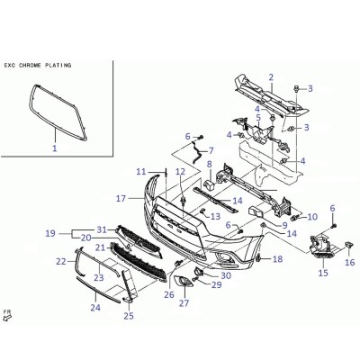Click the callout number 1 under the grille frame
[x=55, y=148]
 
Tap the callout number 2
[x=271, y=77]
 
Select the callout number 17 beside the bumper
[x=121, y=198]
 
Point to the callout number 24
[x=95, y=308]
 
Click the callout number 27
[x=184, y=303]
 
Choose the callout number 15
[x=323, y=273]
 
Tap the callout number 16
[x=350, y=263]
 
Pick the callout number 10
[x=312, y=217]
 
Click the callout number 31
[x=102, y=229]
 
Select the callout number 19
[x=50, y=233]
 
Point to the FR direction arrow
[x=7, y=316]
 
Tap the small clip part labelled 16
[x=348, y=245]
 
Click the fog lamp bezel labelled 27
[x=184, y=282]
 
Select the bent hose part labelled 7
[x=196, y=153]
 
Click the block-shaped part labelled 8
[x=211, y=184]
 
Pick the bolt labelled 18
[x=258, y=258]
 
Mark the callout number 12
[x=180, y=172]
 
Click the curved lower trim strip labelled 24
[x=98, y=290]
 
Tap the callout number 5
[x=258, y=117]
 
